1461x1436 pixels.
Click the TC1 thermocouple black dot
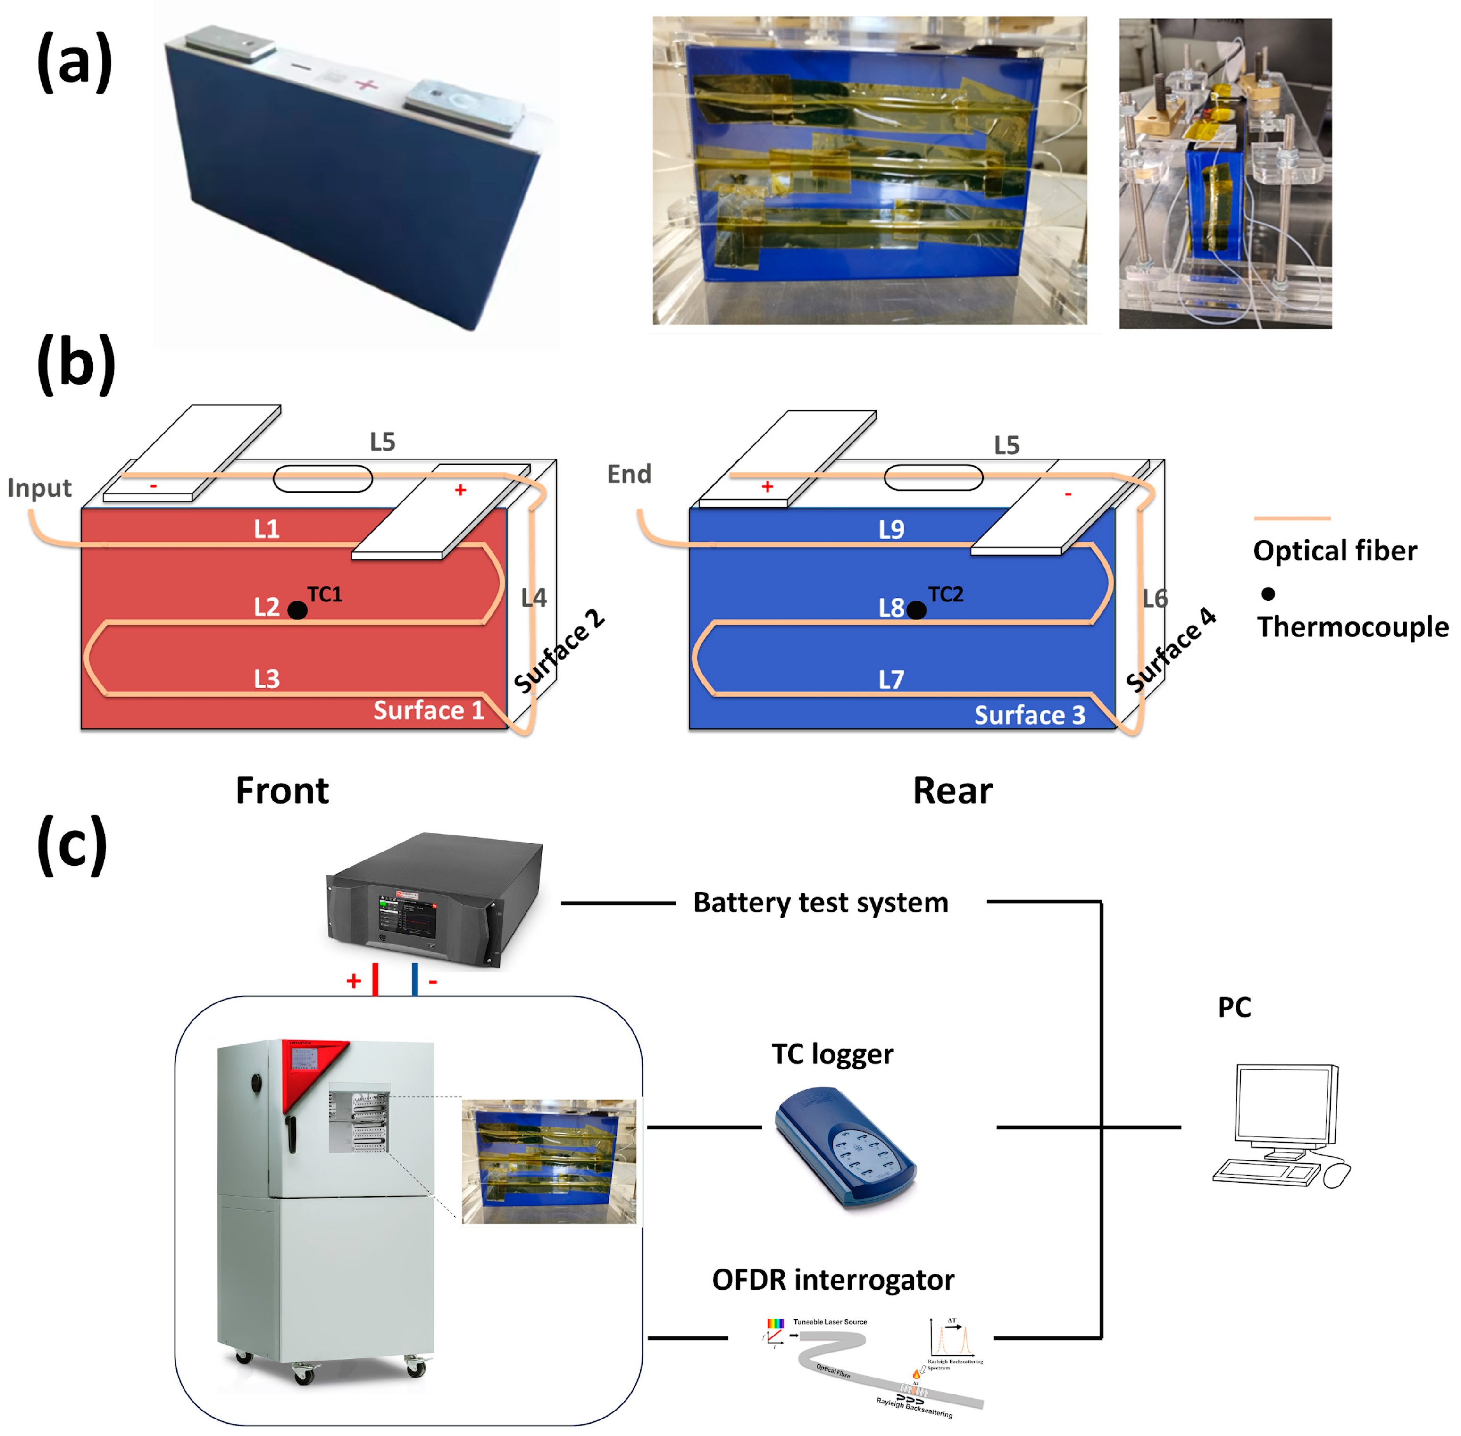coord(297,610)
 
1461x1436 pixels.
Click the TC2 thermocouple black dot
coord(916,610)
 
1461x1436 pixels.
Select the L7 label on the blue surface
coord(891,679)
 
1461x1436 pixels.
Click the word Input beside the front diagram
coord(39,488)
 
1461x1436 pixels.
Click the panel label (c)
coord(72,845)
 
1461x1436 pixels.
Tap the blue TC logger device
coord(845,1146)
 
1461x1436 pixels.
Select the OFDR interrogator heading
coord(833,1280)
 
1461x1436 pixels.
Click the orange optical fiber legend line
coord(1291,518)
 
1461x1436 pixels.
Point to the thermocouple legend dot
coord(1268,593)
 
